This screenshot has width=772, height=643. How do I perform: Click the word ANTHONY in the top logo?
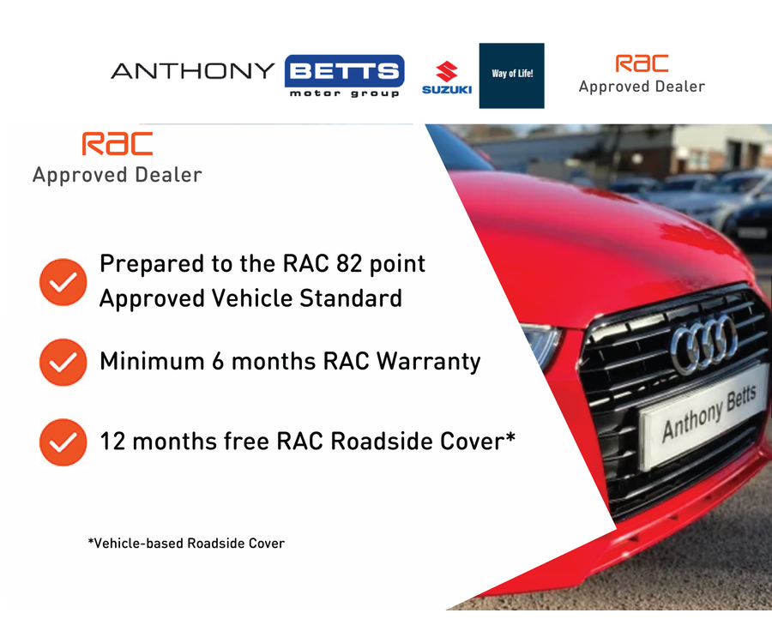(192, 71)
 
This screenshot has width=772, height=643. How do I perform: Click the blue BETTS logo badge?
(345, 71)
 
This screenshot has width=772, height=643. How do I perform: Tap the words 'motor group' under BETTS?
(345, 93)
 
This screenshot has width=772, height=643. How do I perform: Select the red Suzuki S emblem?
(447, 71)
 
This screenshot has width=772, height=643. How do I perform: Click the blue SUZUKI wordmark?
(447, 89)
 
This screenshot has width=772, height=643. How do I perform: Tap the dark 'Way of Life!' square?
(511, 75)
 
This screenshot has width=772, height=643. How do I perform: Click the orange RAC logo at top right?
(642, 63)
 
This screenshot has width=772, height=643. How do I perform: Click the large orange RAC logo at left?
(118, 144)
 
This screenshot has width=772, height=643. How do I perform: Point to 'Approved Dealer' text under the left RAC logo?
(118, 176)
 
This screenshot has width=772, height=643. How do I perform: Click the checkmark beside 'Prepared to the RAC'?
(63, 282)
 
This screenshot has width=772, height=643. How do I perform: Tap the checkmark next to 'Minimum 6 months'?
(63, 362)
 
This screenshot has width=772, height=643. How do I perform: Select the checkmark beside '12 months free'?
(63, 442)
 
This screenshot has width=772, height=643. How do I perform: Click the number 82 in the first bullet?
(349, 264)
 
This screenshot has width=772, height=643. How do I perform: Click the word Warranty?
(428, 362)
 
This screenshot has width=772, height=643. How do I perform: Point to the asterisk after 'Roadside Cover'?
(510, 436)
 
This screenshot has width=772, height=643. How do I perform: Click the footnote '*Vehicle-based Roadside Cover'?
(186, 544)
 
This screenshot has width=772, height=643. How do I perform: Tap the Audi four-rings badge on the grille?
(704, 343)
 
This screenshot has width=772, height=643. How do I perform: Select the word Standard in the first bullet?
(351, 298)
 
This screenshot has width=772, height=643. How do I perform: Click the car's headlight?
(541, 345)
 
